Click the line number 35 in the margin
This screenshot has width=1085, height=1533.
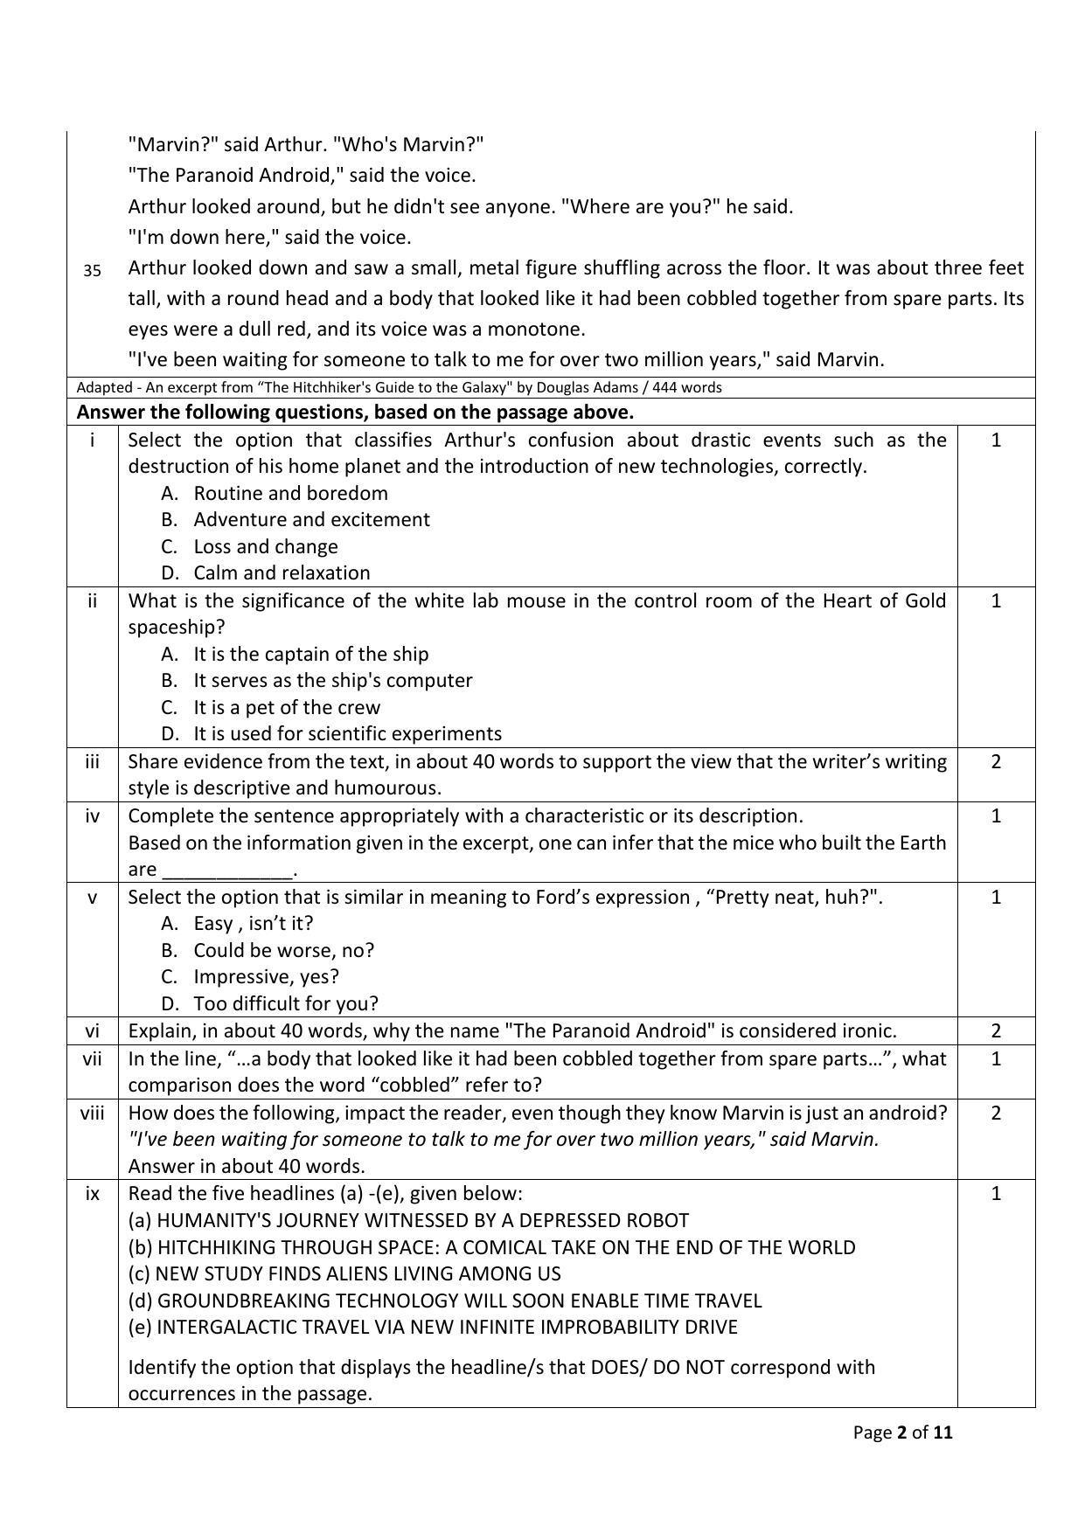click(92, 271)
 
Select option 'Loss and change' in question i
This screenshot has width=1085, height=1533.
click(265, 546)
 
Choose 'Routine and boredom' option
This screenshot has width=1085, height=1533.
click(290, 493)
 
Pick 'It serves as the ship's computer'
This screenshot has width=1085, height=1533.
click(332, 680)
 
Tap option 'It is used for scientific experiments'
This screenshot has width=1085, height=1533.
click(347, 733)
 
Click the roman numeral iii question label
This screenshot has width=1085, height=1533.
click(92, 761)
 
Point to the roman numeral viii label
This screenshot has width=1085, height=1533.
click(92, 1113)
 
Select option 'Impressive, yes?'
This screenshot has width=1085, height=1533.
click(266, 976)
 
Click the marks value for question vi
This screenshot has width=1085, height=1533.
click(996, 1031)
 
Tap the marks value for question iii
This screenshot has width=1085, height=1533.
click(996, 761)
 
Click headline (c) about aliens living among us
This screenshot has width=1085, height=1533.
click(344, 1273)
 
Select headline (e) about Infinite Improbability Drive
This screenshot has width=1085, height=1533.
click(433, 1327)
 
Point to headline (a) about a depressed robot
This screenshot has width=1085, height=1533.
click(408, 1220)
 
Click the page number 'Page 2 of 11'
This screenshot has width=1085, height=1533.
click(902, 1432)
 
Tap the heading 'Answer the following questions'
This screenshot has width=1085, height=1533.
click(355, 412)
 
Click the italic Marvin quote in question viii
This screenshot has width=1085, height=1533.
click(503, 1139)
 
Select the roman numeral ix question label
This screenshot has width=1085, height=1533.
click(92, 1193)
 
